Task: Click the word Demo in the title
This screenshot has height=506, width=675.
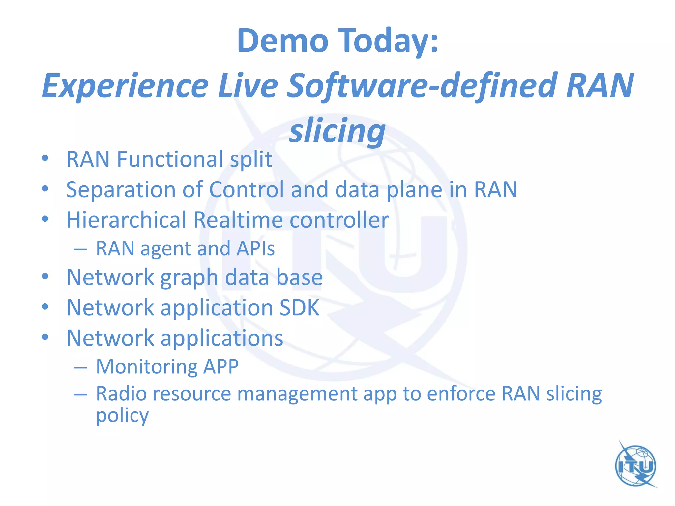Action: coord(283,41)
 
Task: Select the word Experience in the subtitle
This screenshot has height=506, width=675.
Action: coord(125,86)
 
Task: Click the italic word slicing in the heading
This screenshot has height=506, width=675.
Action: coord(337,131)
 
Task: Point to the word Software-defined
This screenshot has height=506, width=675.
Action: coord(422,86)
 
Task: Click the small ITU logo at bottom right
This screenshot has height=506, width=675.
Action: coord(636,465)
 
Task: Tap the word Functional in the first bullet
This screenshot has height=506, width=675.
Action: coord(170,159)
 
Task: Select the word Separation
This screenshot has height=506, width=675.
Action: coord(121,190)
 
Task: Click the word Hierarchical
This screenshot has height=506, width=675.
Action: coord(127,220)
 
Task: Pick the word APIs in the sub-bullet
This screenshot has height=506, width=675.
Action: coord(255,249)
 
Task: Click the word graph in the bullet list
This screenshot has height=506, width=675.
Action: coord(189,278)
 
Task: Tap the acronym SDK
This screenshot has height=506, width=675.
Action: coord(299,308)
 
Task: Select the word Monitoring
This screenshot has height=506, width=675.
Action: coord(146,367)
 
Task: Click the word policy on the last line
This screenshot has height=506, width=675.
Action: coord(122,416)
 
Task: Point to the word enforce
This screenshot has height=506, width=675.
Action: coord(461,394)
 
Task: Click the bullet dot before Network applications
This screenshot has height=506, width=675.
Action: coord(45,337)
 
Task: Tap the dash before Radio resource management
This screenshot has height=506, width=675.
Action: coord(80,394)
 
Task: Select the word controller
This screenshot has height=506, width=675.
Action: coord(339,220)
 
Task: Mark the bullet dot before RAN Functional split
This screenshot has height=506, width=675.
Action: coord(45,158)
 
